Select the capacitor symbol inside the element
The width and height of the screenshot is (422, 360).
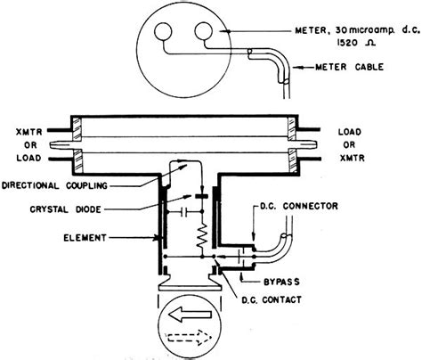click(183, 214)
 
